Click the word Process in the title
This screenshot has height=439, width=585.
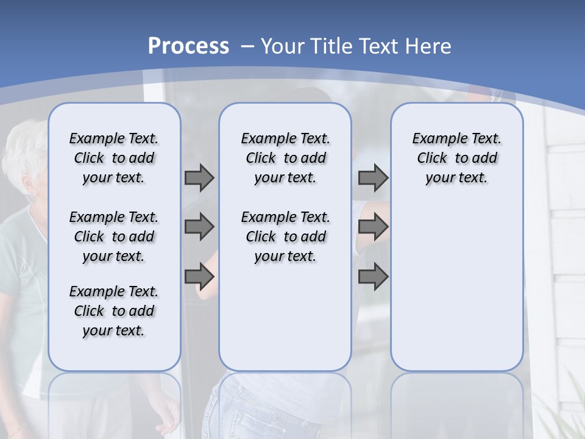(x=188, y=46)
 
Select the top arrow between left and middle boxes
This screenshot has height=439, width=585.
(x=199, y=177)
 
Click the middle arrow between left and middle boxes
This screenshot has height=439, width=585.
(x=199, y=227)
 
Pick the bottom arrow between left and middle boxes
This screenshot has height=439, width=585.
(x=199, y=276)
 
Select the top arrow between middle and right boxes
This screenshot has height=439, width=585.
(x=373, y=177)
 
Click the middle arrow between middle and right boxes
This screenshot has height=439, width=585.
(x=373, y=227)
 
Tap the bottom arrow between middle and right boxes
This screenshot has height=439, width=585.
(x=373, y=276)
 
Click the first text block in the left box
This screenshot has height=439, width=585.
(x=114, y=158)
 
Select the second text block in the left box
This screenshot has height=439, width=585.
(x=114, y=237)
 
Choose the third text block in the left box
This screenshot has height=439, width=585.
(x=114, y=311)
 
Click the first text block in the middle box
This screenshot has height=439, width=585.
(x=285, y=158)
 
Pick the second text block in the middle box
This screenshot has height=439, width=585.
(x=285, y=237)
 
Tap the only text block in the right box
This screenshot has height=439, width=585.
(x=456, y=158)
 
